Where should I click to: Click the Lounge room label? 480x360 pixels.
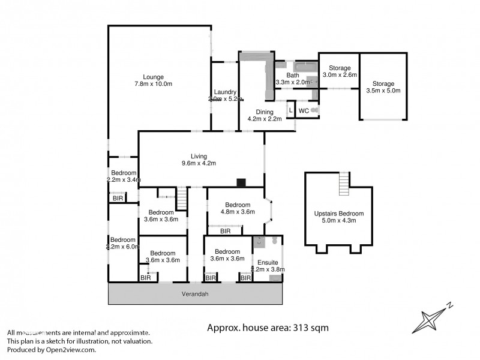(x=153, y=80)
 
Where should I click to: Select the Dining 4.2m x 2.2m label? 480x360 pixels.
(x=265, y=115)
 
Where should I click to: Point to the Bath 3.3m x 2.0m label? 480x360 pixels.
(x=292, y=79)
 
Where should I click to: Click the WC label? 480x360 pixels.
(x=304, y=111)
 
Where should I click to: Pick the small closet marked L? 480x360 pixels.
(x=291, y=110)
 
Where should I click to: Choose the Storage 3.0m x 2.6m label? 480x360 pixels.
(x=340, y=71)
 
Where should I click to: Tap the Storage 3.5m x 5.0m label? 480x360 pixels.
(x=383, y=87)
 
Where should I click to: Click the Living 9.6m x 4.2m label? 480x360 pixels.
(x=199, y=160)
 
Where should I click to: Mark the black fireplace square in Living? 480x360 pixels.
(x=241, y=183)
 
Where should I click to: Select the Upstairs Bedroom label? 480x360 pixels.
(x=339, y=217)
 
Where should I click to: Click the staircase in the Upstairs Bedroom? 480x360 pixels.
(x=344, y=184)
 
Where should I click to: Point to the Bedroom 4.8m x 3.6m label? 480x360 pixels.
(x=238, y=208)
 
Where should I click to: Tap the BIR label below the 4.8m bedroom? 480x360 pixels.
(x=226, y=230)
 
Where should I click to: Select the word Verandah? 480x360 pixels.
(x=195, y=294)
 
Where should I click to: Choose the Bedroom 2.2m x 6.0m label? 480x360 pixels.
(x=123, y=242)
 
